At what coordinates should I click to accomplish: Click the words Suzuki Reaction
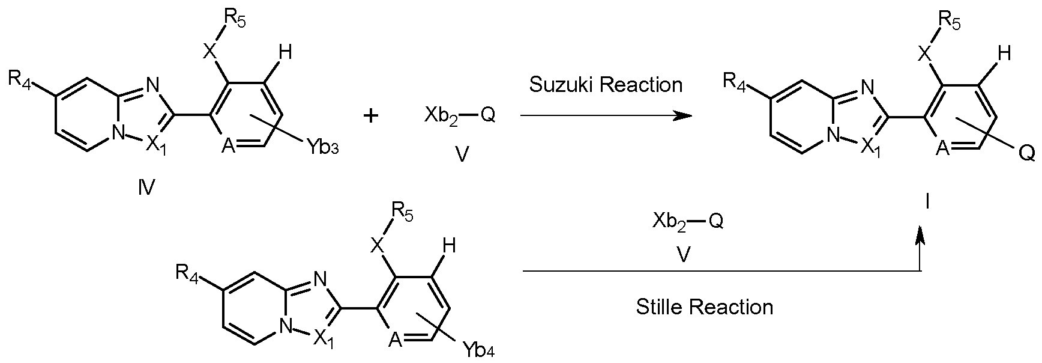(606, 85)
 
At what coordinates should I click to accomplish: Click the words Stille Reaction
(704, 307)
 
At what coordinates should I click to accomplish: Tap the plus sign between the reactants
(372, 115)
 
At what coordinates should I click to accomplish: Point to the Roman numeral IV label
(146, 189)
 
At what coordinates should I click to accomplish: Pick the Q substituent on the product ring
(1026, 154)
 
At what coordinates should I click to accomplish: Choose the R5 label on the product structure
(949, 23)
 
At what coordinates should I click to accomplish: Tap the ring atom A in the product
(942, 148)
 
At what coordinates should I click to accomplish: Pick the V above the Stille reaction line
(683, 255)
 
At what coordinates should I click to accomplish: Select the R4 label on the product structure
(735, 81)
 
